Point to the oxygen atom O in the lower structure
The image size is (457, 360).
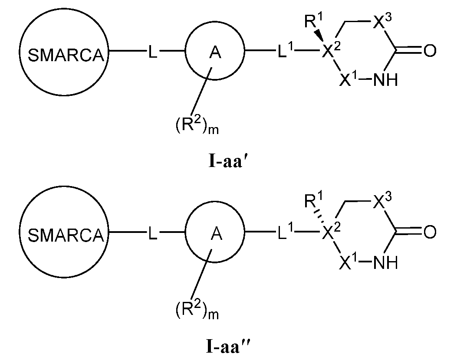coord(429,234)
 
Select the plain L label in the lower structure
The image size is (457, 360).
coord(153,235)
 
